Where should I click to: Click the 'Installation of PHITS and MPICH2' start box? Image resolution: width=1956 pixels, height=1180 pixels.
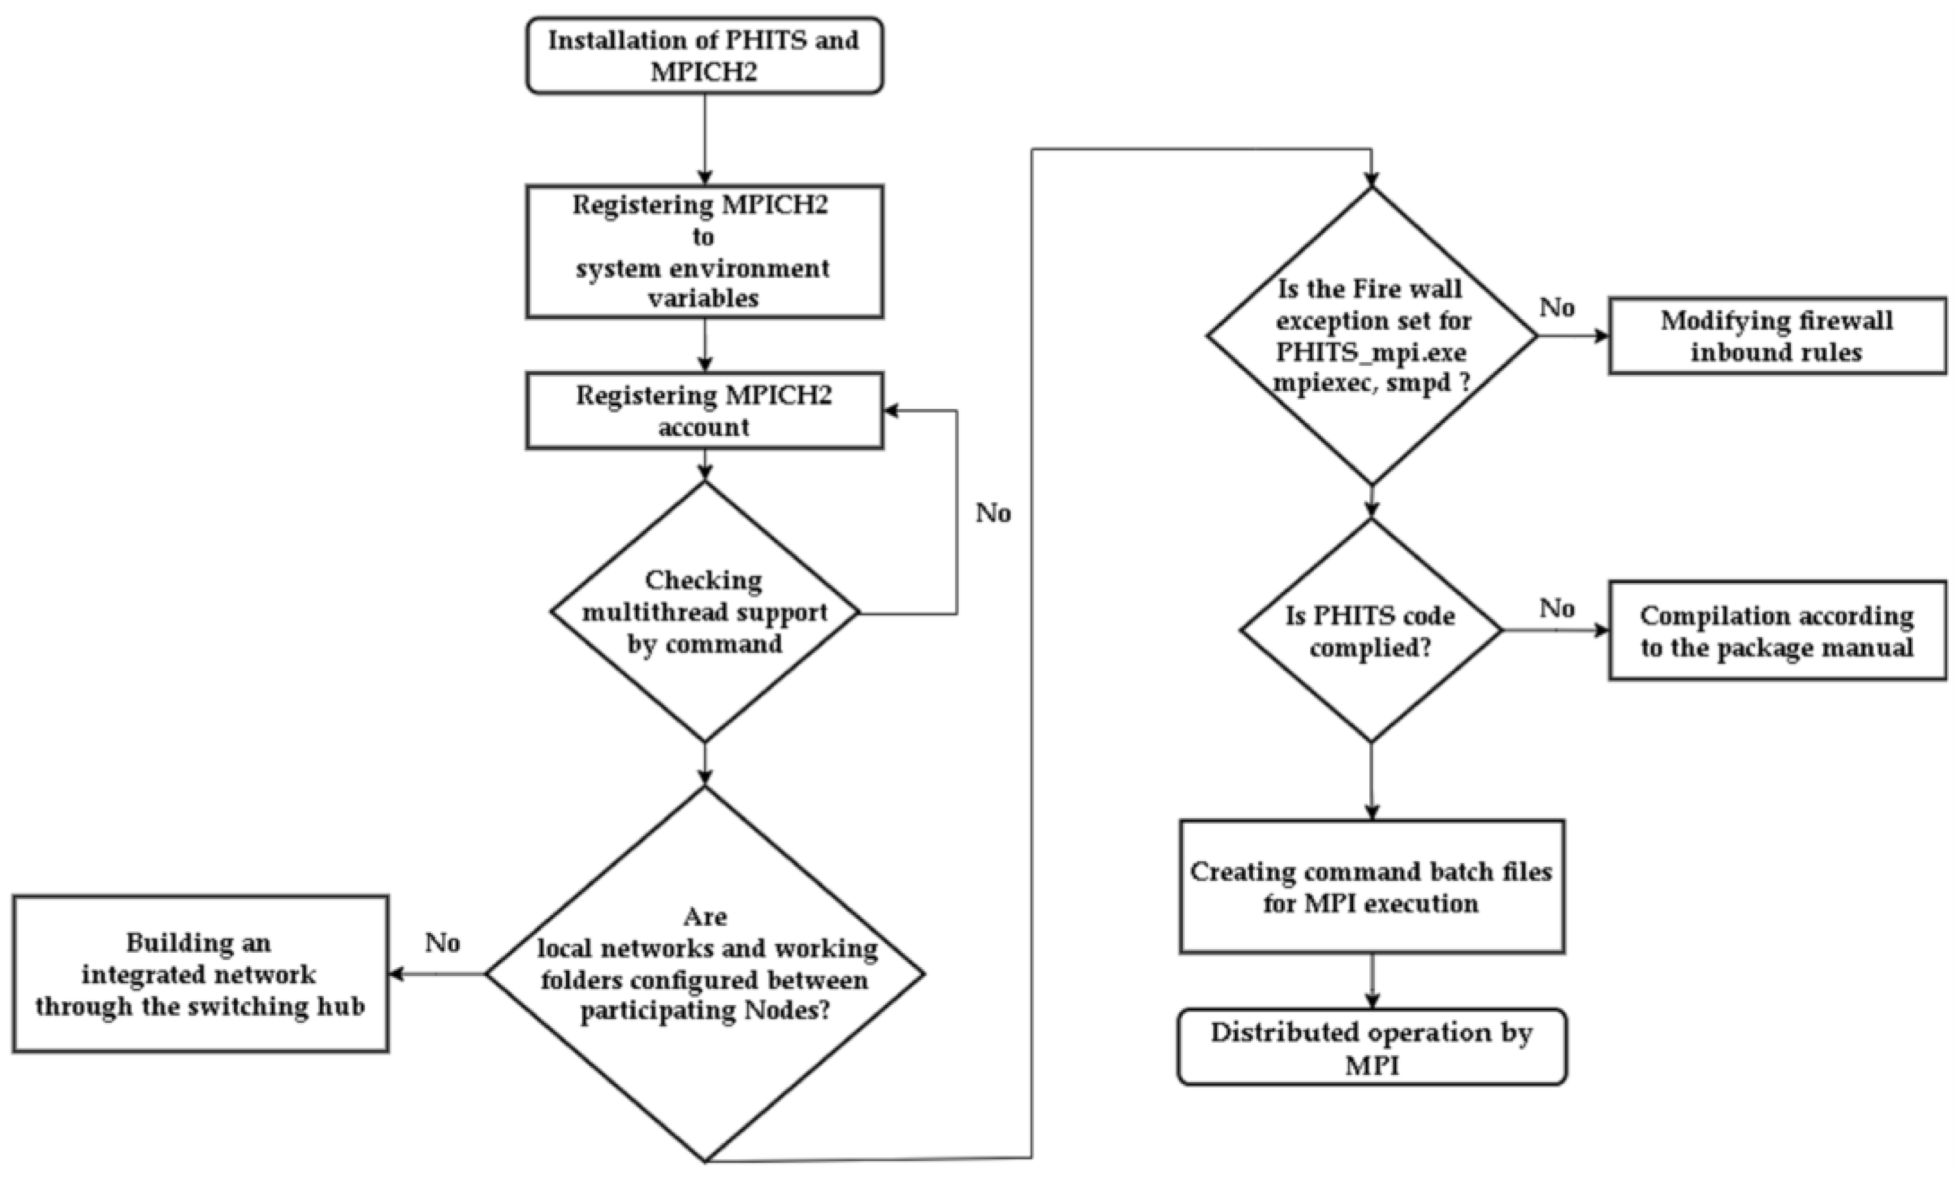tap(704, 56)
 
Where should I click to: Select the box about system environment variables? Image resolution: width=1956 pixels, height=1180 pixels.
tap(704, 252)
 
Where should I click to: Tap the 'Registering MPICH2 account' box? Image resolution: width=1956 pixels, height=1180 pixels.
tap(704, 411)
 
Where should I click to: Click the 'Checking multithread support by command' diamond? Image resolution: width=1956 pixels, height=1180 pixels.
tap(704, 612)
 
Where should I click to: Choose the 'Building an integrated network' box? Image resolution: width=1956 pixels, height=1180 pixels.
tap(200, 974)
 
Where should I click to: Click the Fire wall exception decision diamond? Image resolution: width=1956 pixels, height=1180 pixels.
tap(1371, 335)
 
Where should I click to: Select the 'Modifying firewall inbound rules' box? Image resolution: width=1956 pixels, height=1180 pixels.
tap(1777, 336)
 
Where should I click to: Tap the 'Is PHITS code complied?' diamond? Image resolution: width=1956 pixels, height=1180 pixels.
tap(1371, 631)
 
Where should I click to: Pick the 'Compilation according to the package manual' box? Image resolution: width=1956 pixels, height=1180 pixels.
tap(1777, 631)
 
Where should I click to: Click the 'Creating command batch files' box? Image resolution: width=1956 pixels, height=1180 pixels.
tap(1371, 887)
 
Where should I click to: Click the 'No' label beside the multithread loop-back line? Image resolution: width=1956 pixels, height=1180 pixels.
tap(993, 513)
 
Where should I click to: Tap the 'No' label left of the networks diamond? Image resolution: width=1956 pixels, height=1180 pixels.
tap(442, 943)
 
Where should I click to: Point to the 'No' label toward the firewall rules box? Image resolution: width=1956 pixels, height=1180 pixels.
tap(1557, 307)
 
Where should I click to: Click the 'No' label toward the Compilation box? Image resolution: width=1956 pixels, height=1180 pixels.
tap(1557, 609)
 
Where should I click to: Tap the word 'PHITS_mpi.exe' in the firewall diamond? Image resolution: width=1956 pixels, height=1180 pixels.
tap(1371, 353)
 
